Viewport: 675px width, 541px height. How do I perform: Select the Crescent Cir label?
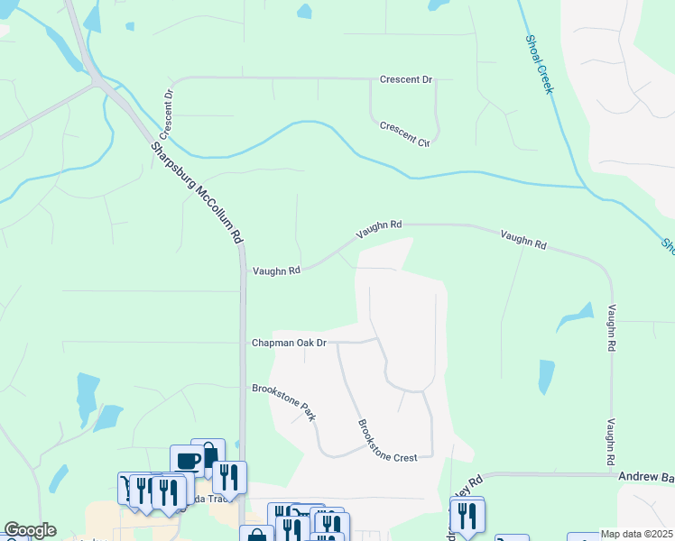click(404, 134)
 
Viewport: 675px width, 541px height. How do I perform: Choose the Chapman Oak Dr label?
click(288, 343)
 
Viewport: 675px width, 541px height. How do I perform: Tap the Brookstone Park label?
click(284, 401)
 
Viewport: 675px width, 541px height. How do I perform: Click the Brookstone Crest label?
click(387, 441)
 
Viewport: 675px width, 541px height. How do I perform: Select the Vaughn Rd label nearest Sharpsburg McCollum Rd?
click(275, 270)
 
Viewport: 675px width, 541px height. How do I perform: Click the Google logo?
click(30, 530)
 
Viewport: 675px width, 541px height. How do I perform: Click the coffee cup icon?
click(188, 460)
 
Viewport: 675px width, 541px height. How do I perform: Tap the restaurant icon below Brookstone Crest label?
click(467, 515)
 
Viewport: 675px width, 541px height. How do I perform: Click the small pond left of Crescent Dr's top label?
click(305, 12)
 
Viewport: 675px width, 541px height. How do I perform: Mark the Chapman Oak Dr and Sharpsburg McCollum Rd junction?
click(242, 343)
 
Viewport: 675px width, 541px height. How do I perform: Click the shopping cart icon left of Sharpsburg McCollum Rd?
click(127, 485)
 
